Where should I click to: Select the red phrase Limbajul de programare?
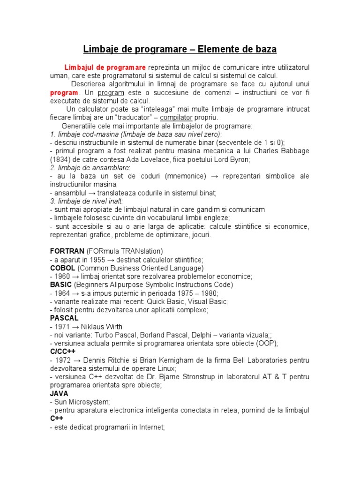[x=105, y=67]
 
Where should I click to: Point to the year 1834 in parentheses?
[x=59, y=159]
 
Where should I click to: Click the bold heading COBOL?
[x=62, y=268]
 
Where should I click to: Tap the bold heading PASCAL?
[x=64, y=318]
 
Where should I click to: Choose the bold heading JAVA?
[x=59, y=394]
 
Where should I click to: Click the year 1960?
[x=62, y=277]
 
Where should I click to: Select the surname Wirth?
[x=112, y=326]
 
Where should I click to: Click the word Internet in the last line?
[x=152, y=427]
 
